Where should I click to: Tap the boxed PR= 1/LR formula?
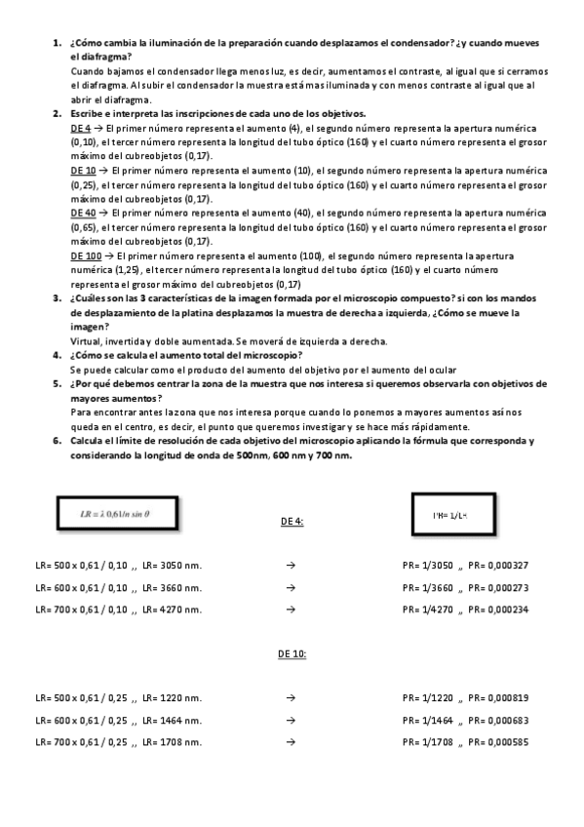tap(449, 513)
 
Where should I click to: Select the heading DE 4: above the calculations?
tap(292, 522)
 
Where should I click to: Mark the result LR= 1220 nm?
tap(172, 697)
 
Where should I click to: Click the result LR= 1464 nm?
tap(172, 720)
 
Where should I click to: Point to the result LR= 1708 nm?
tap(172, 742)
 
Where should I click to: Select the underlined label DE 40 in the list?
tap(84, 213)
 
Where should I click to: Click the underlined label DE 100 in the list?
tap(87, 256)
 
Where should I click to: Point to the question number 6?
tap(57, 441)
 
